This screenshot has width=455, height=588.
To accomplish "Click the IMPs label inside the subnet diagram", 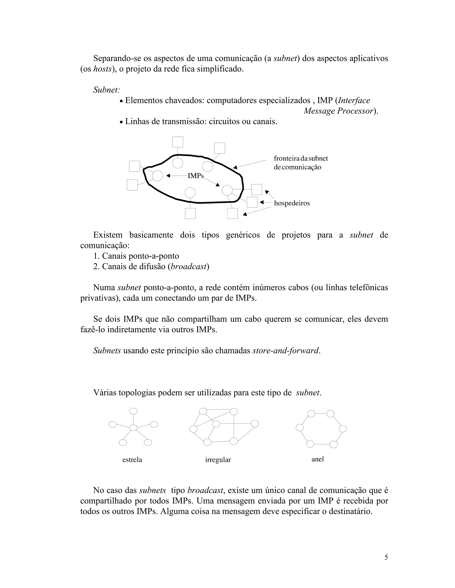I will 196,176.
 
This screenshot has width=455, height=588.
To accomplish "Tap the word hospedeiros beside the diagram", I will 292,203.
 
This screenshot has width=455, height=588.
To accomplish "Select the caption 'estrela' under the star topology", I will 132,460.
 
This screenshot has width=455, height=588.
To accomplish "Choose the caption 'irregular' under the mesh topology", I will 218,460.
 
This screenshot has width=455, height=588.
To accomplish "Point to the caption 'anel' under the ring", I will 317,459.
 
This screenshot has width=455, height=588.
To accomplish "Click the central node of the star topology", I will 134,428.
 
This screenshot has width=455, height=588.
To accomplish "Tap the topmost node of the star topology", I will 134,411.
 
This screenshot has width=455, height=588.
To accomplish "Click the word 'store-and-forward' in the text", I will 285,351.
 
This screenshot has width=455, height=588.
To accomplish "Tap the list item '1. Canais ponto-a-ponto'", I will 136,256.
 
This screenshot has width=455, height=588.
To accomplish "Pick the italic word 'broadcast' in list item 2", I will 188,266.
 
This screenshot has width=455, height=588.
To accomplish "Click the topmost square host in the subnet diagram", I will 178,142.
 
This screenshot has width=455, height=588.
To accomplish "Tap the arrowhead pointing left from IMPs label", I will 168,176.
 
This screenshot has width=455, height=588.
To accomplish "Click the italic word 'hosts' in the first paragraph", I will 102,69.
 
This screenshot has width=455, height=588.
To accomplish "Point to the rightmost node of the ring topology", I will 343,429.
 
